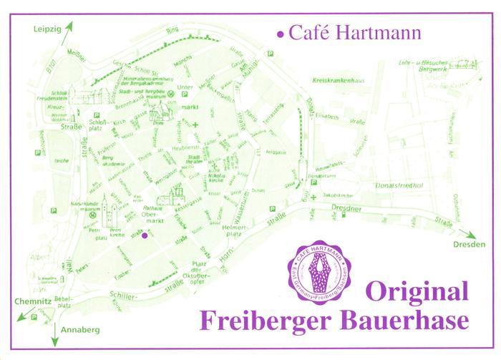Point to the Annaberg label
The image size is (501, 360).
click(x=82, y=331)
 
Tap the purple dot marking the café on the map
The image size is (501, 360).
click(x=145, y=235)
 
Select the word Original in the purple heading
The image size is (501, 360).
click(x=417, y=292)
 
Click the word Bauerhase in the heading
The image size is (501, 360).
click(x=408, y=318)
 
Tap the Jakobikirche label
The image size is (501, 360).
click(x=339, y=193)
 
